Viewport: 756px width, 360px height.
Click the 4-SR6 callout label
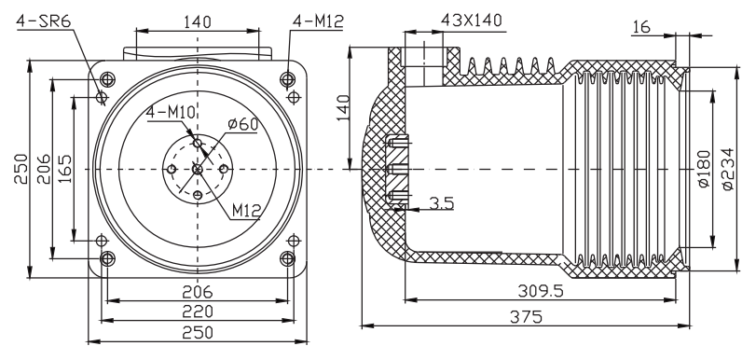(x=37, y=20)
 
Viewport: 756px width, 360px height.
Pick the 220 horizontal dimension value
(x=198, y=310)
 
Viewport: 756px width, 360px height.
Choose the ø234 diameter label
(x=731, y=169)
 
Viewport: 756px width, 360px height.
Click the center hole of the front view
(x=198, y=169)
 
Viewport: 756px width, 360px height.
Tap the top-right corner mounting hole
(x=288, y=78)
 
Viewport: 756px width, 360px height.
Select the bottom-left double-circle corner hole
(x=106, y=258)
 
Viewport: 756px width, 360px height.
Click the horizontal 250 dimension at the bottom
(x=198, y=332)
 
